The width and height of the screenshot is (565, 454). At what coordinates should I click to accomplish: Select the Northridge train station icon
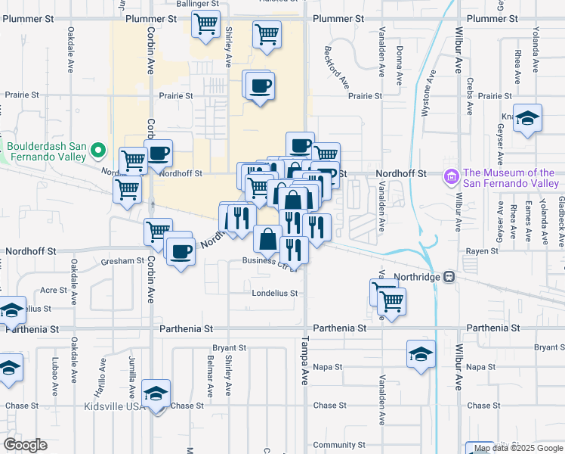450,277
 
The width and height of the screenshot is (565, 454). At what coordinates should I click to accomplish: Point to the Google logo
25,444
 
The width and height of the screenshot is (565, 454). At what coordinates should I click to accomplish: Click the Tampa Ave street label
307,362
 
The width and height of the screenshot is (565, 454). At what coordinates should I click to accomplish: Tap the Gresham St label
122,260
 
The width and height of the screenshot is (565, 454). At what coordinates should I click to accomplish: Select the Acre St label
53,290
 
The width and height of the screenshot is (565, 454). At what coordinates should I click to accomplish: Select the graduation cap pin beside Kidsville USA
156,394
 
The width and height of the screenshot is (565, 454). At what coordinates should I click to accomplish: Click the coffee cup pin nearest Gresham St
180,250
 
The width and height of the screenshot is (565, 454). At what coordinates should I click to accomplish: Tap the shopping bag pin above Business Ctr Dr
268,239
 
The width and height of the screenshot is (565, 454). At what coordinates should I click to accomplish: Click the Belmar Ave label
210,375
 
